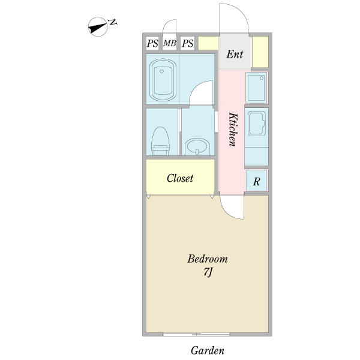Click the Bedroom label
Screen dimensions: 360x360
pos(208,259)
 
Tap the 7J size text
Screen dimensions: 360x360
pos(208,272)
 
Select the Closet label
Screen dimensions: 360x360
pos(180,178)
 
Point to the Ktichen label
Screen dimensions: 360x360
pos(232,129)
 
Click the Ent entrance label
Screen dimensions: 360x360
pos(235,54)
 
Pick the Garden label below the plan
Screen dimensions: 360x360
pos(208,350)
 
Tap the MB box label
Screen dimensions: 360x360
pos(170,43)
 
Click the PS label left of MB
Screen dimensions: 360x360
pos(152,43)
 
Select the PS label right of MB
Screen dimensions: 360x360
pos(187,43)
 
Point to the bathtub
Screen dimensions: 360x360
pos(163,80)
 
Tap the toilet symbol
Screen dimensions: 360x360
pos(161,141)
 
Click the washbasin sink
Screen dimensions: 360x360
pos(197,146)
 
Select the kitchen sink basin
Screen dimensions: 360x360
pos(257,124)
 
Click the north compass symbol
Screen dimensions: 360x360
pos(98,26)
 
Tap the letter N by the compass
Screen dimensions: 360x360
pos(113,22)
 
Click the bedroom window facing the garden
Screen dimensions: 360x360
pos(197,334)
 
